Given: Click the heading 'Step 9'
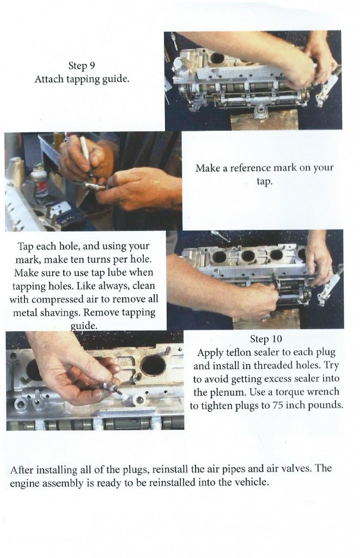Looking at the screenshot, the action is [82, 66].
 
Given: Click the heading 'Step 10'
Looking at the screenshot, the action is [266, 339].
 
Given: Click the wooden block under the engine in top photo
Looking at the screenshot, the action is [264, 120].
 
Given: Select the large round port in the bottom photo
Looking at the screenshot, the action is [153, 365].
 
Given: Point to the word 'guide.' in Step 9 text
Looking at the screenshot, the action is [115, 79].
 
